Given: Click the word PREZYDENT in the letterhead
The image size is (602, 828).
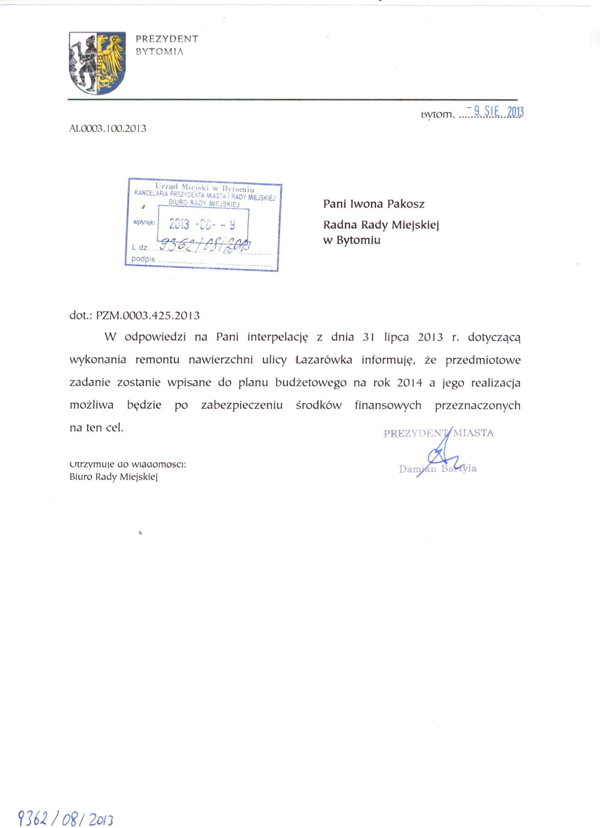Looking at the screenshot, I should pos(167,39).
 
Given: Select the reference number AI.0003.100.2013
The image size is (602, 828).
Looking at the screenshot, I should pos(108,128).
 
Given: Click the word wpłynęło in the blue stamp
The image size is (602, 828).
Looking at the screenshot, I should pos(144,222).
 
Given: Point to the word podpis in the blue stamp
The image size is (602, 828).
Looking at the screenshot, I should pos(143,260).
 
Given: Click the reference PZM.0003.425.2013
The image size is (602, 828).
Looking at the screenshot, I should pos(148,315).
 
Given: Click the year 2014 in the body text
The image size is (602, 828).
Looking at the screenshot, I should pos(409,383).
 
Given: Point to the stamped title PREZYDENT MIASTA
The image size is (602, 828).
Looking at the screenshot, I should pos(438,433).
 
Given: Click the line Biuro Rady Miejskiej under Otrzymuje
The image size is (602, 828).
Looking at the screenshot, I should pos(113,477).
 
